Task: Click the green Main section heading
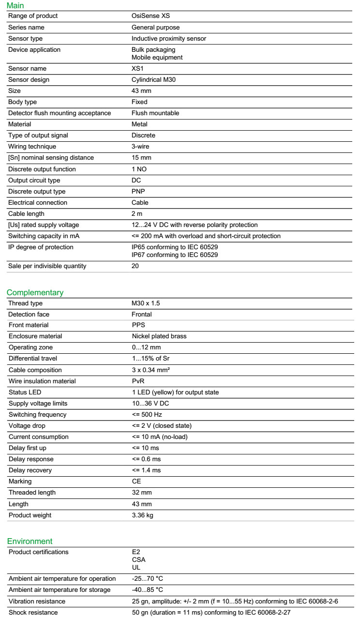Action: coord(15,6)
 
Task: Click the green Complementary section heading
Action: coord(35,293)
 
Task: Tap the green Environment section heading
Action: coord(30,542)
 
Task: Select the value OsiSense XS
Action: coord(150,16)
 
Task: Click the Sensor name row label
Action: coord(28,69)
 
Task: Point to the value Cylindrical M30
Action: coord(153,80)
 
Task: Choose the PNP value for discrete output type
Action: coord(138,192)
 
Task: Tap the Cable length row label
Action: coord(27,214)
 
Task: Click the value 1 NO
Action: coord(139,169)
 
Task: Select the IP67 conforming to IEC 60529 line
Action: coord(175,255)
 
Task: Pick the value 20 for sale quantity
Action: coord(135,266)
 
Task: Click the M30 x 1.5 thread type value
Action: coord(146,303)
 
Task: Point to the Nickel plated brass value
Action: coord(159,336)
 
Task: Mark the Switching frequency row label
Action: coord(38,415)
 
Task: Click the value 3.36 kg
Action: coord(143,515)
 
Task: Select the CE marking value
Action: coord(136,482)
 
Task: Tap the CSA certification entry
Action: coord(139,560)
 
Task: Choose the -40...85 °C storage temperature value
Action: coord(148,590)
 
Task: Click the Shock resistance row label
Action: coord(33,613)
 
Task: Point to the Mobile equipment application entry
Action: coord(157,58)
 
